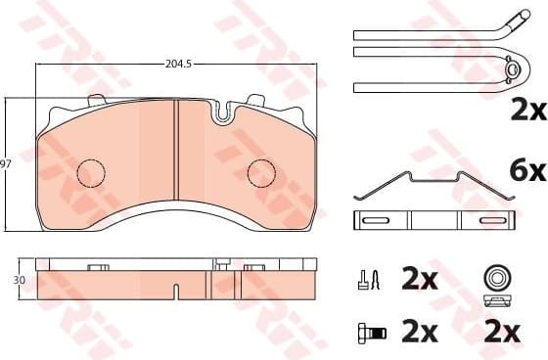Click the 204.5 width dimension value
click(x=177, y=65)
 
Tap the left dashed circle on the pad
click(x=91, y=172)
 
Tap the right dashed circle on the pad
click(x=261, y=172)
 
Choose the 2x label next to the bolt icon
click(x=419, y=333)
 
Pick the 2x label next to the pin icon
click(x=419, y=282)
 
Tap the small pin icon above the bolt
click(x=367, y=282)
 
